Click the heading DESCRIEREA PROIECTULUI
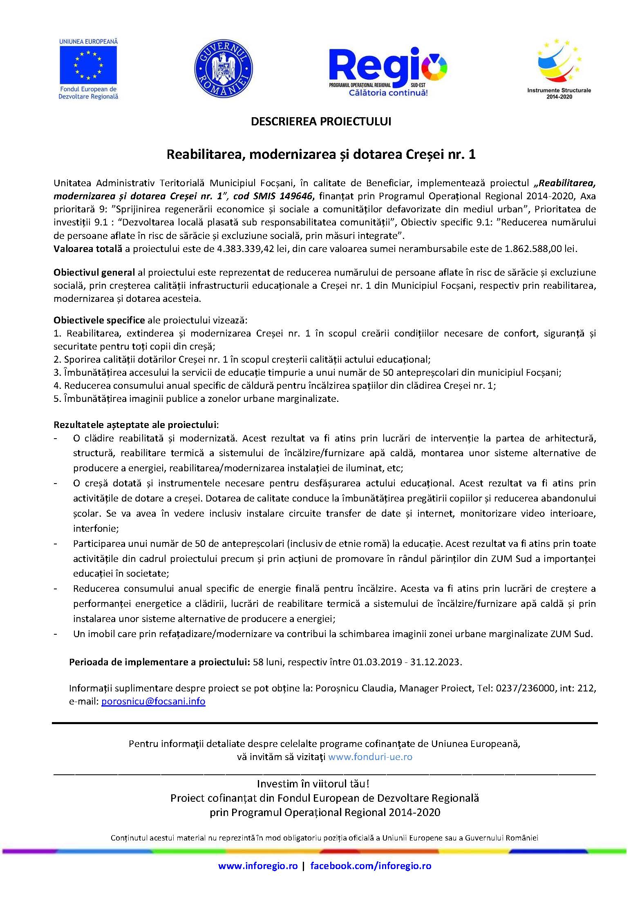(x=321, y=122)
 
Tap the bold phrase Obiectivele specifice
(x=99, y=320)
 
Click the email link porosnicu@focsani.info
(x=153, y=701)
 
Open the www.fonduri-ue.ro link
(x=370, y=756)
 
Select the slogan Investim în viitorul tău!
(x=313, y=784)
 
